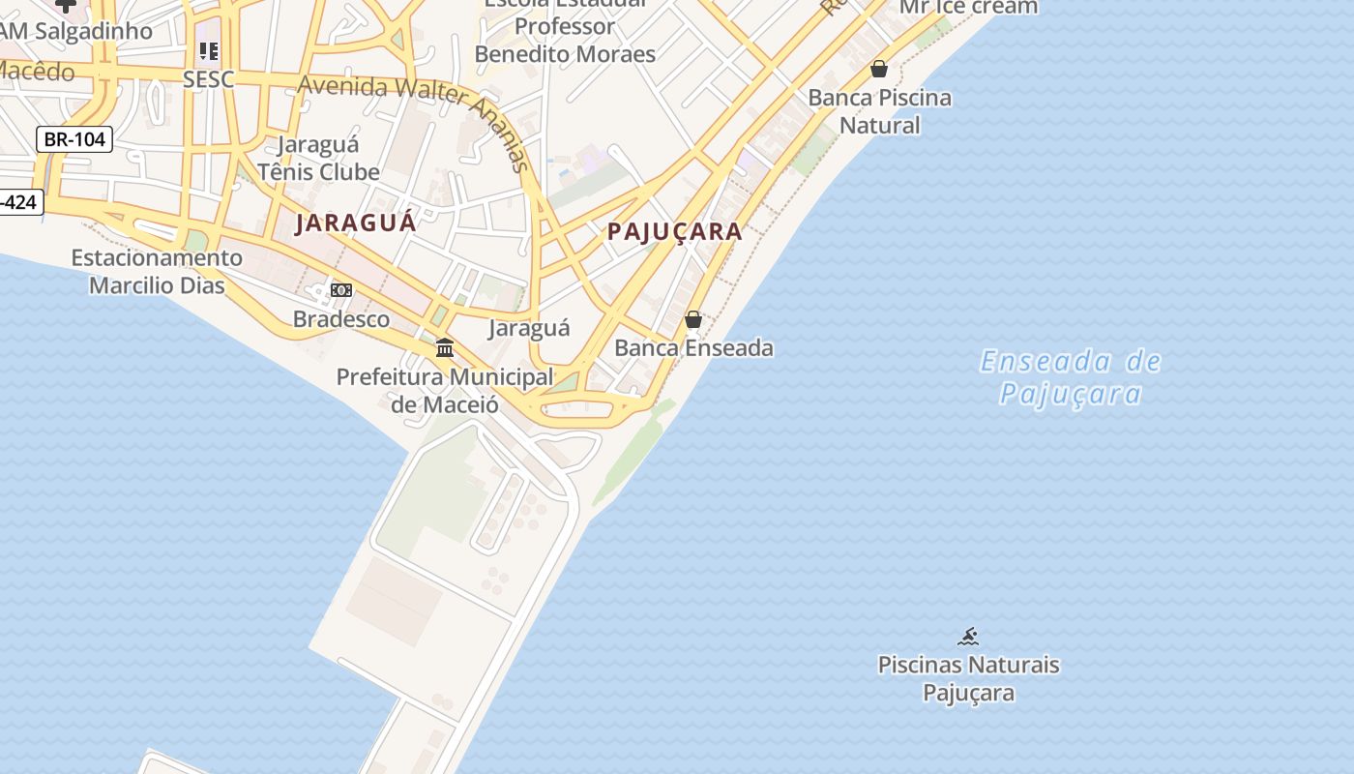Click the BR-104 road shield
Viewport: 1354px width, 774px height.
(x=74, y=139)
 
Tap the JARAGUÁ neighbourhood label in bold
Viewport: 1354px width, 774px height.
(x=356, y=223)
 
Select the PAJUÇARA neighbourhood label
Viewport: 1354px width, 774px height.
(x=675, y=231)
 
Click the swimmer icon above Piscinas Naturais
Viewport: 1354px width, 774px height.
(x=968, y=637)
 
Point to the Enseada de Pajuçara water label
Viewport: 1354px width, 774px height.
(x=1071, y=377)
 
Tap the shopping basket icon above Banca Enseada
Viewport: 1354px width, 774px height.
(x=693, y=319)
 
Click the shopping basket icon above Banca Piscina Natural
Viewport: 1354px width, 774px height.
(x=879, y=69)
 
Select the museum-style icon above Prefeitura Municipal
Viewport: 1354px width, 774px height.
(x=445, y=347)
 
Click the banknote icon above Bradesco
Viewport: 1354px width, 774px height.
(x=341, y=290)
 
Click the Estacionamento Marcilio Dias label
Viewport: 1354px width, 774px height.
(x=157, y=271)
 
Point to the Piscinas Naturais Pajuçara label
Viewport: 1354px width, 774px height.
(x=968, y=678)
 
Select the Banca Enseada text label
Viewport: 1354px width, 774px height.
(x=693, y=347)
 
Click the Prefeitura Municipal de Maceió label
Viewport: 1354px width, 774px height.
(x=445, y=390)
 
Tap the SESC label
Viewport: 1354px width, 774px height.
(x=209, y=78)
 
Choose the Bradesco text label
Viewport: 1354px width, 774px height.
(x=341, y=319)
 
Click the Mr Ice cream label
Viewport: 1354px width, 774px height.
(x=968, y=8)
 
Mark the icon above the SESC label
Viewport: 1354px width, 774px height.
(x=209, y=50)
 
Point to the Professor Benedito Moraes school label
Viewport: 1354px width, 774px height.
(x=565, y=39)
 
